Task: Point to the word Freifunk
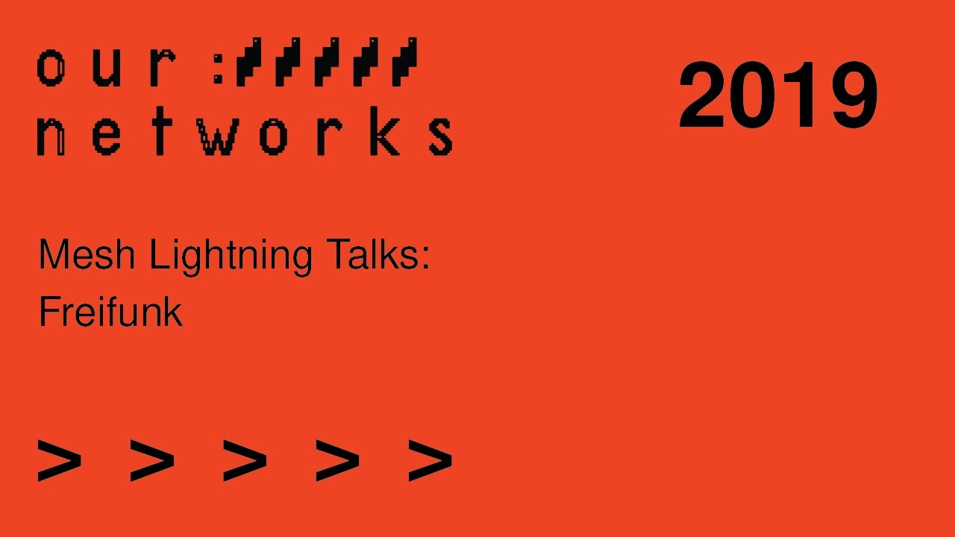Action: pyautogui.click(x=110, y=312)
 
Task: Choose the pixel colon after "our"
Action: pyautogui.click(x=219, y=68)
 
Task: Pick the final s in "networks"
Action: pyautogui.click(x=442, y=136)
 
